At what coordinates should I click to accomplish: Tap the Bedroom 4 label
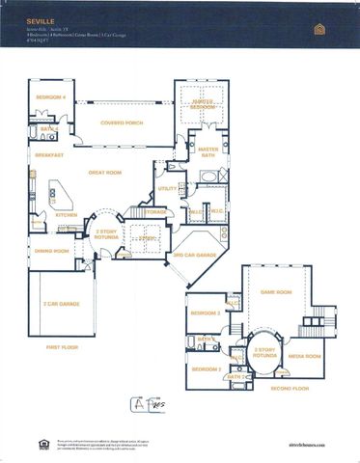[x=50, y=97]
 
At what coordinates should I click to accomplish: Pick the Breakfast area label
[x=49, y=154]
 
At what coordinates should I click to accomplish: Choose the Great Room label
[x=104, y=173]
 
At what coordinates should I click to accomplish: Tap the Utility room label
[x=168, y=189]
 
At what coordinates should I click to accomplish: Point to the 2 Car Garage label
[x=61, y=304]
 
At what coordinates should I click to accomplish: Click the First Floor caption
[x=62, y=346]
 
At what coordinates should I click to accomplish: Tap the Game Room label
[x=276, y=290]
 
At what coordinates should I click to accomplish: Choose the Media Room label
[x=305, y=356]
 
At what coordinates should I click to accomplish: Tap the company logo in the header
[x=320, y=29]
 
